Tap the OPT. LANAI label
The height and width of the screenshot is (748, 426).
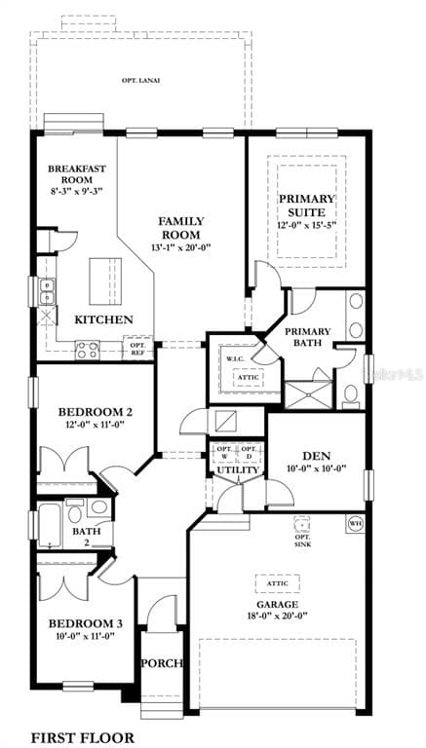point(141,80)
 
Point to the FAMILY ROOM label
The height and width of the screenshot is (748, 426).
point(181,228)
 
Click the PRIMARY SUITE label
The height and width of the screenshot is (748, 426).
point(307,205)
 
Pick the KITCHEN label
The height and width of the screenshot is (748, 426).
point(104,319)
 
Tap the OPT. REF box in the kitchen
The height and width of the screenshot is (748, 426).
point(137,347)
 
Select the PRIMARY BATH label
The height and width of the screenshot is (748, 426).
point(307,337)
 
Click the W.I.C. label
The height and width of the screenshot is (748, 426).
point(236,358)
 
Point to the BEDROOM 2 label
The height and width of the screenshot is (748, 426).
point(96,411)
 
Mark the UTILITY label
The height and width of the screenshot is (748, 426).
point(237,470)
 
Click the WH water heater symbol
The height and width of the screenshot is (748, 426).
point(355,523)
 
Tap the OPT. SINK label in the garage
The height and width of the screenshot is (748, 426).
point(302,532)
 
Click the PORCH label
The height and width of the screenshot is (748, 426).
point(162,663)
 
